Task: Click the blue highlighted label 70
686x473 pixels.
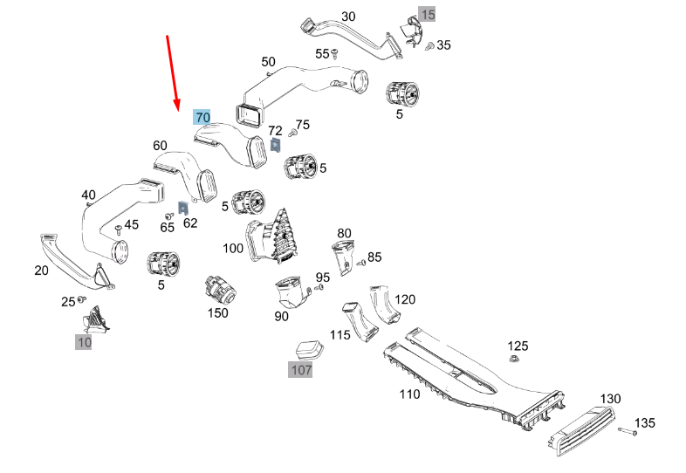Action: pyautogui.click(x=202, y=117)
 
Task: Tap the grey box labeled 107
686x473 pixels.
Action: pyautogui.click(x=301, y=370)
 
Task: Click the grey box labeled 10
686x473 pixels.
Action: pyautogui.click(x=84, y=343)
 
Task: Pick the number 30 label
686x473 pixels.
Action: pyautogui.click(x=324, y=17)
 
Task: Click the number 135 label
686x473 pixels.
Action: pyautogui.click(x=644, y=423)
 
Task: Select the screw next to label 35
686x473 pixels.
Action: pyautogui.click(x=428, y=46)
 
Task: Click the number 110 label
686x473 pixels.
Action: pyautogui.click(x=409, y=394)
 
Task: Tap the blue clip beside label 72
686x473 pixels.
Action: pyautogui.click(x=274, y=145)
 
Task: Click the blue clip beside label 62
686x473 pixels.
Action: pyautogui.click(x=183, y=208)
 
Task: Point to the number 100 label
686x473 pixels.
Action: pyautogui.click(x=233, y=249)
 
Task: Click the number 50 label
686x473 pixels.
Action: pyautogui.click(x=268, y=62)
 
